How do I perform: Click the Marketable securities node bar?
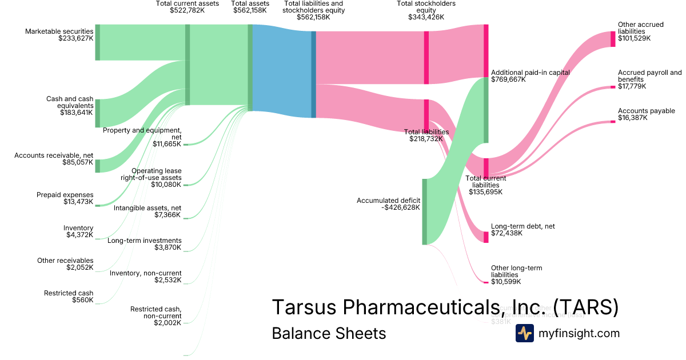pos(97,42)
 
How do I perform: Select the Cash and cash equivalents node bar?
pos(97,113)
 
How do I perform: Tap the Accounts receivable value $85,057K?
pos(77,162)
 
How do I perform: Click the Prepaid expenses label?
pos(65,195)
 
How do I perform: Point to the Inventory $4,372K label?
pos(78,231)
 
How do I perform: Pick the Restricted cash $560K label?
pos(69,297)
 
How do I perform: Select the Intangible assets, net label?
pos(147,207)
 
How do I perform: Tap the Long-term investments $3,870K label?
pos(145,244)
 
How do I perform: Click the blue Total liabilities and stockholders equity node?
pos(313,74)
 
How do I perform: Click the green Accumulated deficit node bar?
pos(424,211)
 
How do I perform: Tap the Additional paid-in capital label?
pos(531,73)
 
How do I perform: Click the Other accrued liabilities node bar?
pos(613,38)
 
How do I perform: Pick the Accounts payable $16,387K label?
pos(646,114)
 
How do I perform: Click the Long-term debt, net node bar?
pos(486,237)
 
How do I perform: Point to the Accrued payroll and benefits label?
pos(649,76)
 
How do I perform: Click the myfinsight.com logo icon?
pos(524,333)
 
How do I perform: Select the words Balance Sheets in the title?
pos(329,333)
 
